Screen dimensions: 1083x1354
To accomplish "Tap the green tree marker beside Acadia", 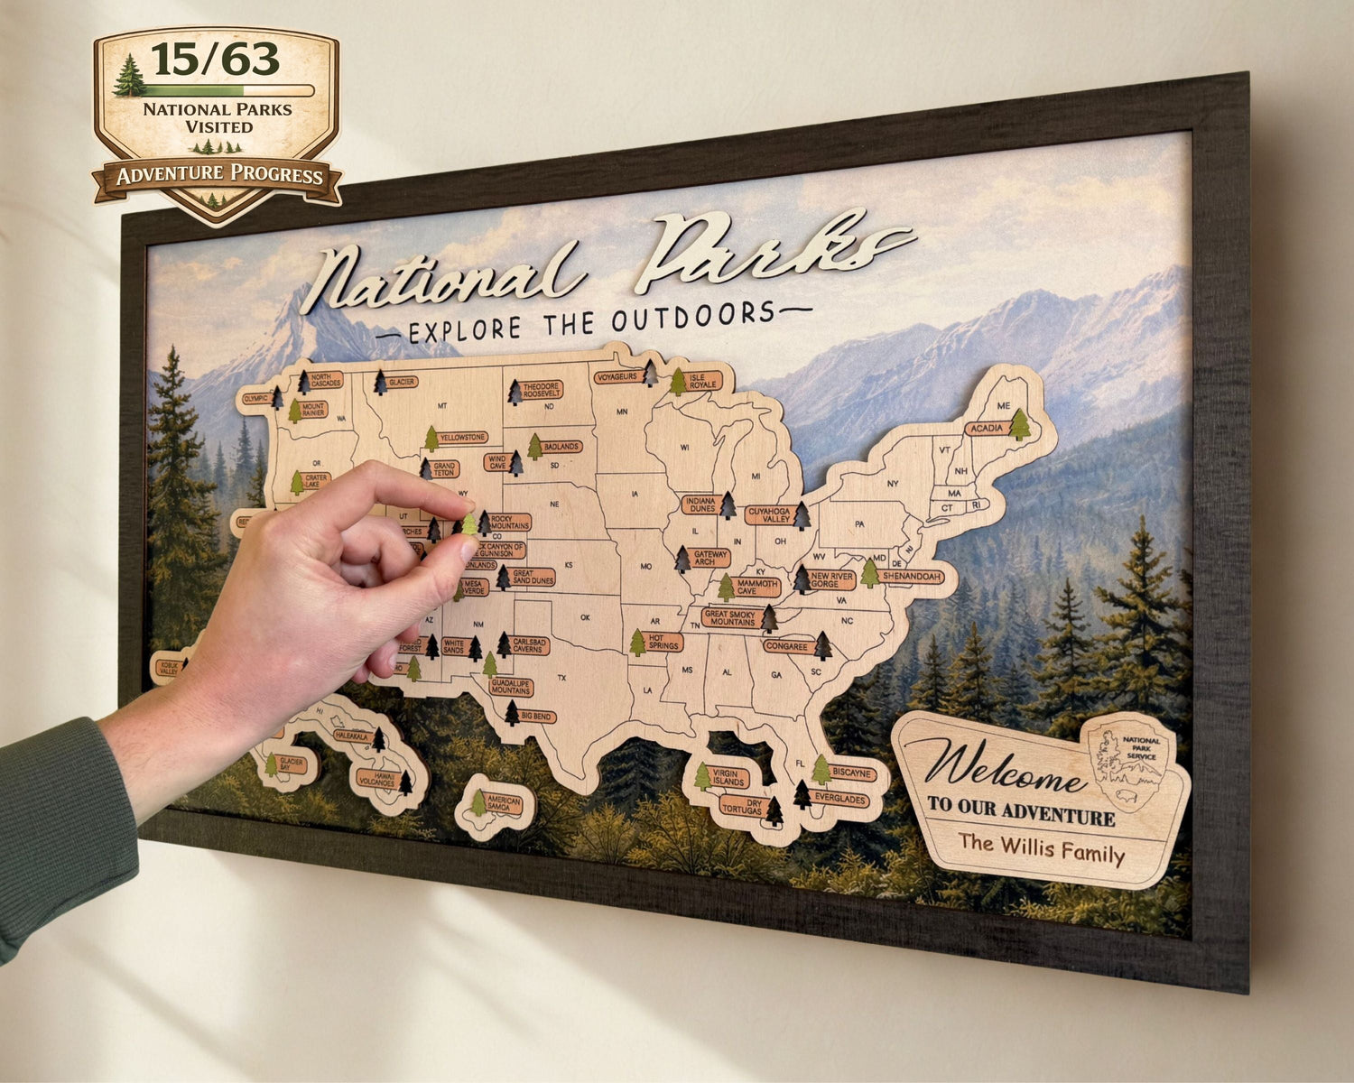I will coord(1019,424).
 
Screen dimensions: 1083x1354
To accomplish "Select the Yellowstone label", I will coord(463,438).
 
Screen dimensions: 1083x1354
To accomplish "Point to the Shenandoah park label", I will coord(912,576).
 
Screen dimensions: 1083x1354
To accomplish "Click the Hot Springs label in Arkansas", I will coord(664,642).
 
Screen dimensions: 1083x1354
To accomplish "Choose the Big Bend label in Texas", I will coord(537,717).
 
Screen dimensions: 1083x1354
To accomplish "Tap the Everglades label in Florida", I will coord(839,800).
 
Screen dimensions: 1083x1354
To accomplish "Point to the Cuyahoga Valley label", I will coord(769,515).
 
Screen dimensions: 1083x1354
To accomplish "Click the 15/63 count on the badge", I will coord(215,60).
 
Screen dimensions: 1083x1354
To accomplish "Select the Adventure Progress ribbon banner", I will coord(218,175).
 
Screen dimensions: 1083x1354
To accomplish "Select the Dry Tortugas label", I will coord(742,805).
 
